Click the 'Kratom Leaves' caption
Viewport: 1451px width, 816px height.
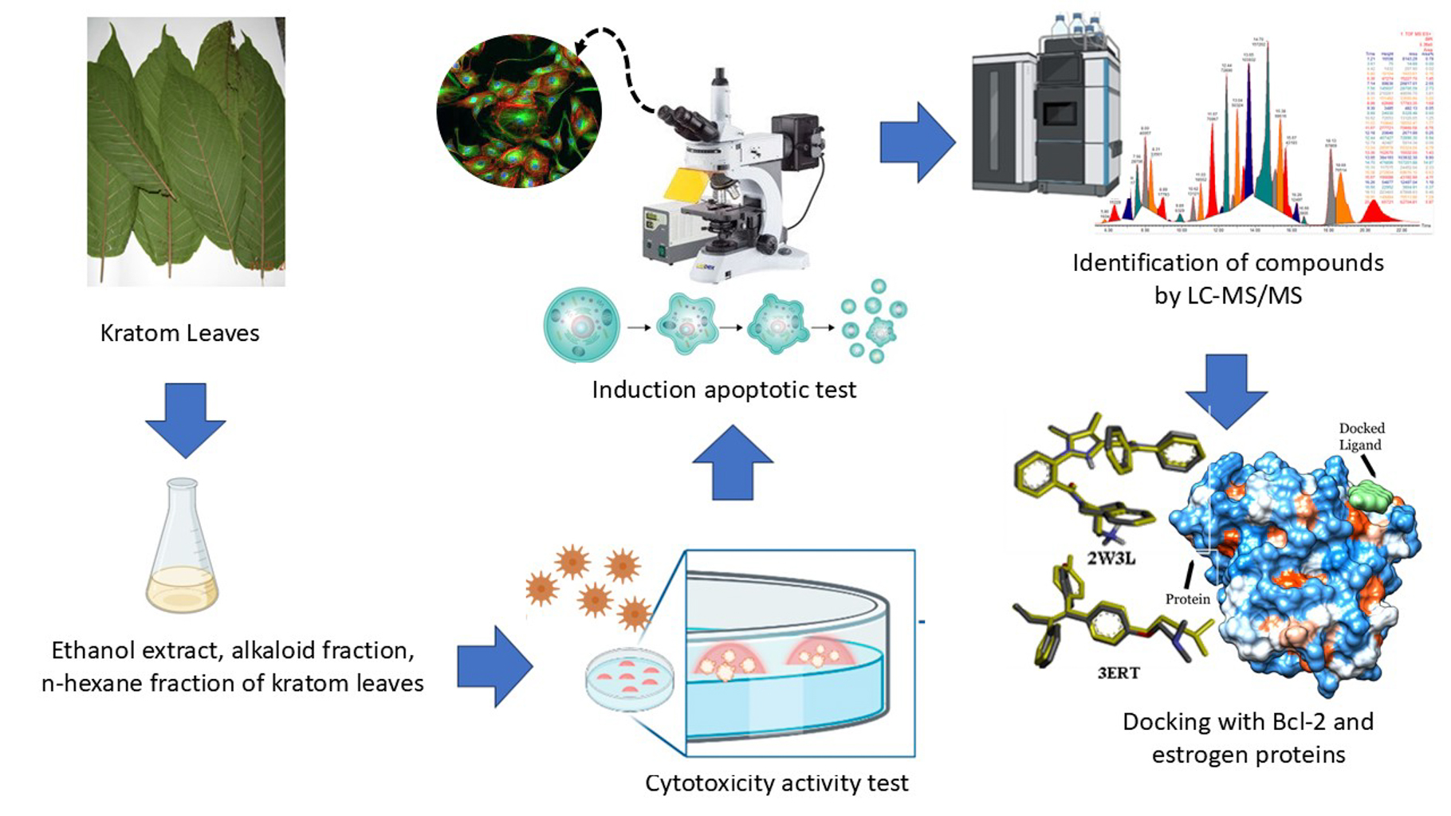click(179, 332)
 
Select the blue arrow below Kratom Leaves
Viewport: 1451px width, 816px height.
click(185, 419)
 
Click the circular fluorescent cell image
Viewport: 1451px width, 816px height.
click(519, 111)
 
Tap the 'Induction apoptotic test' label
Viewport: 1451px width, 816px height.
click(724, 390)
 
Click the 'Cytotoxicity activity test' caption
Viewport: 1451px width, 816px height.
click(777, 783)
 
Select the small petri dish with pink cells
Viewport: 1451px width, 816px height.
click(630, 680)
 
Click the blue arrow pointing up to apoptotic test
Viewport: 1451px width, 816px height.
click(732, 463)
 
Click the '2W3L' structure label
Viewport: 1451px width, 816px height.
click(1111, 558)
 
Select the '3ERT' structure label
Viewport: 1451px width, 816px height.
click(1119, 673)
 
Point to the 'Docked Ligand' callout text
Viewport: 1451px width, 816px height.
click(1361, 437)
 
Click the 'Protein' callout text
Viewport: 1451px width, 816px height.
click(1187, 598)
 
